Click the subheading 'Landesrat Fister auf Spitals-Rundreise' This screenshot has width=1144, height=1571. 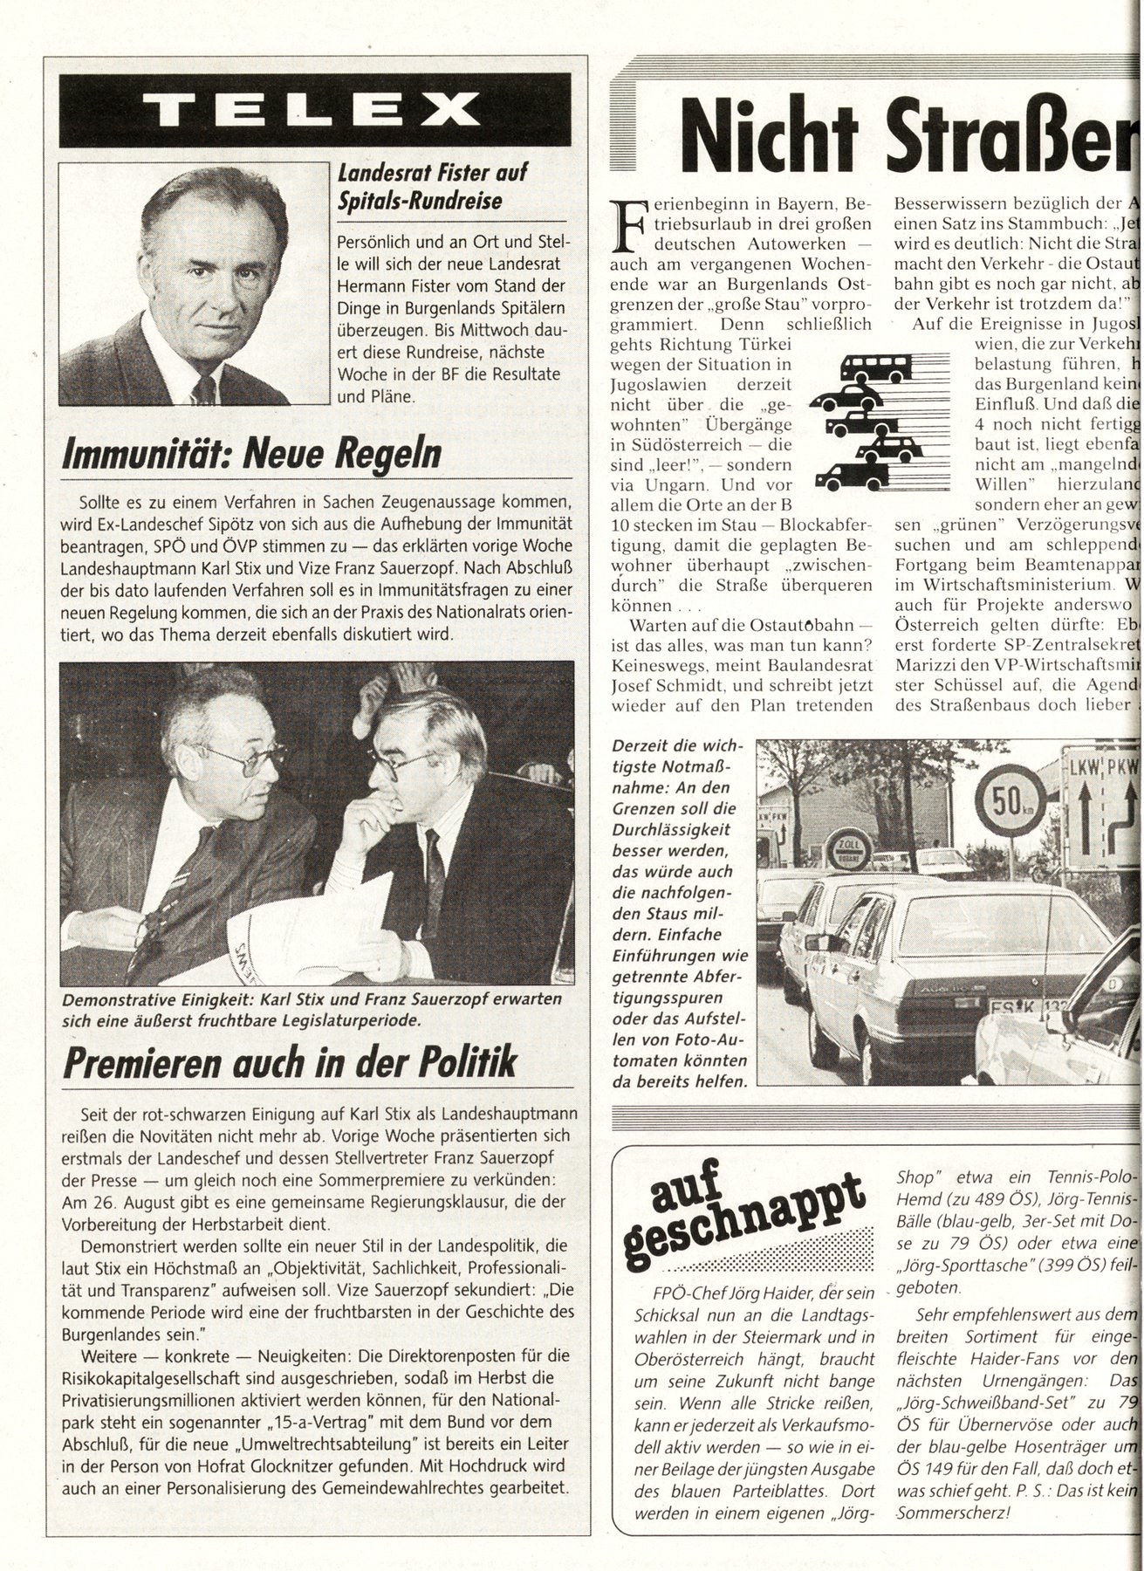click(420, 188)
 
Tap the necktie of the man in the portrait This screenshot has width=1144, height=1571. click(205, 384)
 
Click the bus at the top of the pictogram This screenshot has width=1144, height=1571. click(876, 361)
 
